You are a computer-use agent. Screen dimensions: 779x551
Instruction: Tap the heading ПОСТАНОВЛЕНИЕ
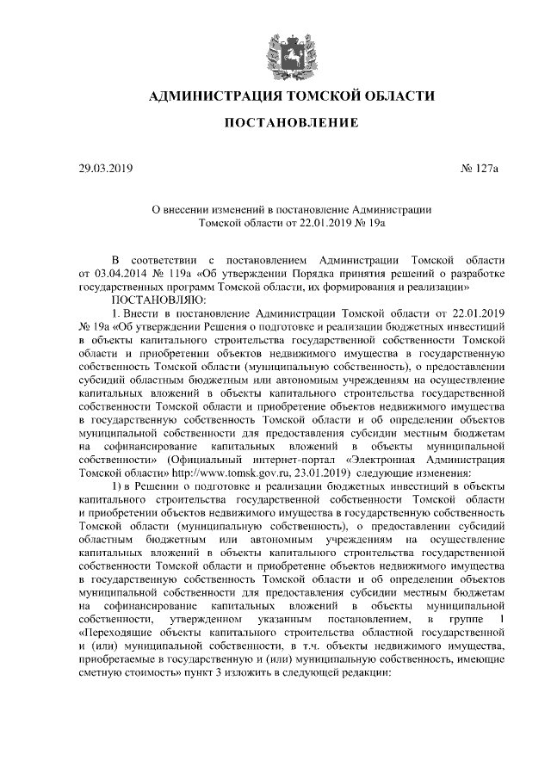pos(291,125)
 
